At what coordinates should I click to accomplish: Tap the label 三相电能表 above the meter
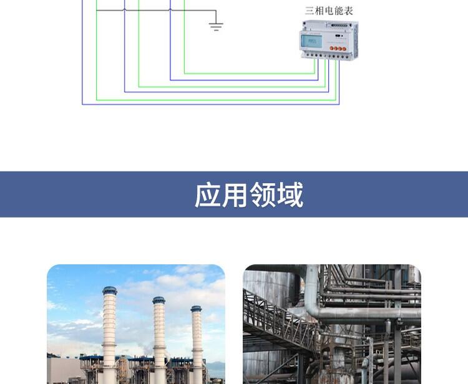tap(329, 11)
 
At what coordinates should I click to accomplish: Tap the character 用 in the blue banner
tap(235, 195)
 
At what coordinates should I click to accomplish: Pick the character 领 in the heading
tap(263, 195)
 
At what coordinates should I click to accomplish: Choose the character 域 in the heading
tap(290, 195)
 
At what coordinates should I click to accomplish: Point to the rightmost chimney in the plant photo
tap(197, 343)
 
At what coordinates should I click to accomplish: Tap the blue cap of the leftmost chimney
tap(110, 291)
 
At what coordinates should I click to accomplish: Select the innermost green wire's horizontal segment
tap(250, 74)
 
